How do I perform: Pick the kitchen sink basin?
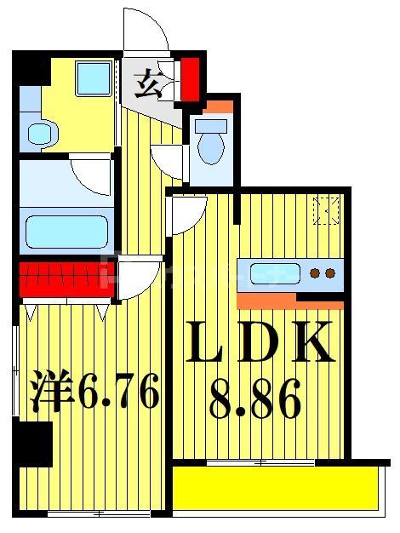[274, 274]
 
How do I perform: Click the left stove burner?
[315, 274]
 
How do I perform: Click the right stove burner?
[329, 274]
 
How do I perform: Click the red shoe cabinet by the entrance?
[191, 76]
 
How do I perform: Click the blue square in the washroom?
[91, 79]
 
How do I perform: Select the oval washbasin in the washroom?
[38, 132]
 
